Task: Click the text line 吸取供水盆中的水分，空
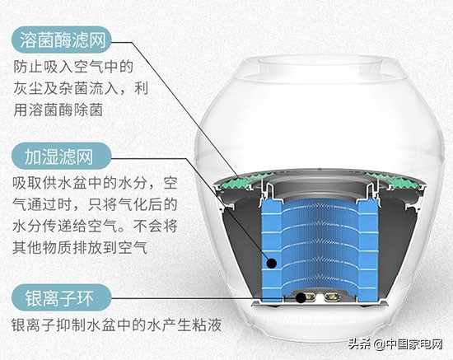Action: point(96,181)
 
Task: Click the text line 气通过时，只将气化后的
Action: point(96,203)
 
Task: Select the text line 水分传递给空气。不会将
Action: point(96,224)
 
